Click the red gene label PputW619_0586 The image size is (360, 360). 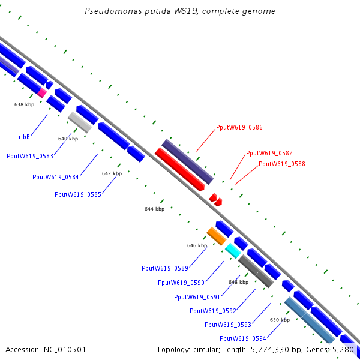(x=239, y=127)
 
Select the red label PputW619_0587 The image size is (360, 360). (x=269, y=153)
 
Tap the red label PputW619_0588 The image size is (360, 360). (x=281, y=164)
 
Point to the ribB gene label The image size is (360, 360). (x=25, y=137)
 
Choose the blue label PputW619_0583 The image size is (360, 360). (x=29, y=156)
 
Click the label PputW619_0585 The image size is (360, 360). (x=77, y=194)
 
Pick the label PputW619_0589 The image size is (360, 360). (x=165, y=268)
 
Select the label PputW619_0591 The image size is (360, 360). (x=197, y=297)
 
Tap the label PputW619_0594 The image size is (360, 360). (x=242, y=338)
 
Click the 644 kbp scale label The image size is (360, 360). (x=154, y=209)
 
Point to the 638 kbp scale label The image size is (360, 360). (x=24, y=104)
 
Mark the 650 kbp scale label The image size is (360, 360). (x=280, y=320)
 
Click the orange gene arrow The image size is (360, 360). (x=216, y=235)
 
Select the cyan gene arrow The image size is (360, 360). (x=233, y=251)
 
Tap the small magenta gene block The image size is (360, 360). (x=41, y=92)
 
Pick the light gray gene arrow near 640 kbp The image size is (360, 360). (x=80, y=122)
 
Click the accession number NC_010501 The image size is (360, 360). (x=46, y=349)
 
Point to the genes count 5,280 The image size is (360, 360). (x=344, y=349)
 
